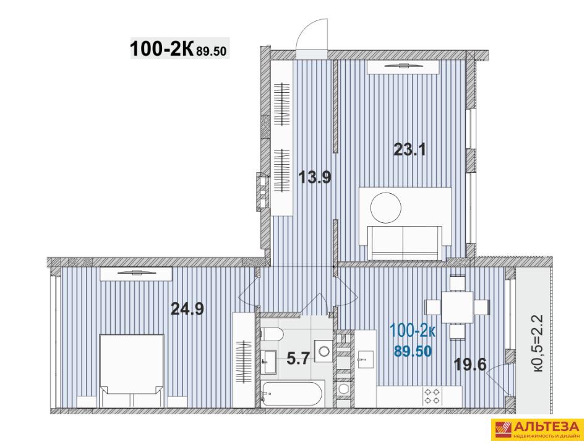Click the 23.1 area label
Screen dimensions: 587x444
point(409,150)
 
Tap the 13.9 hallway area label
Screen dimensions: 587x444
point(315,177)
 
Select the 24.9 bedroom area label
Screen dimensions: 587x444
point(187,309)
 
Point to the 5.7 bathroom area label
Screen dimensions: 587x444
point(298,359)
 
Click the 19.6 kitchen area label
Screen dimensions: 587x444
point(470,363)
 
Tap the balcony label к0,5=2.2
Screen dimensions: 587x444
point(538,343)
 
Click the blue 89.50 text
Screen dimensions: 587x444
point(413,351)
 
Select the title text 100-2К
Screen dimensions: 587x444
point(161,49)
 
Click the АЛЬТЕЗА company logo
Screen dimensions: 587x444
point(538,429)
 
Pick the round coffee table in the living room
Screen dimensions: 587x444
point(386,207)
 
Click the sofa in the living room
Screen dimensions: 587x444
point(405,243)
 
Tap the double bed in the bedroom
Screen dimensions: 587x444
point(131,370)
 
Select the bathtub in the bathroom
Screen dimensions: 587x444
point(291,393)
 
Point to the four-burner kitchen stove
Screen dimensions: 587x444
point(432,396)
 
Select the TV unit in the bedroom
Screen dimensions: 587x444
point(136,274)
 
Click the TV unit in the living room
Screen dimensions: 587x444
point(403,67)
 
